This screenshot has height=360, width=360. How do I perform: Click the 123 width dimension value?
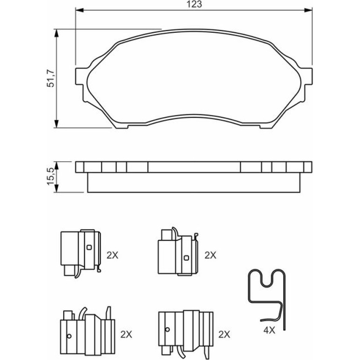[194, 4]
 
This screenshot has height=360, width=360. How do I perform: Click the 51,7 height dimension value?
[51, 79]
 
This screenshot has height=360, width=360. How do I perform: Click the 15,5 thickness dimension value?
[50, 177]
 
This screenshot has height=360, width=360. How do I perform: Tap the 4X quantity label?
[269, 331]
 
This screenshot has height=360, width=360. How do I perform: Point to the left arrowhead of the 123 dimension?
[79, 10]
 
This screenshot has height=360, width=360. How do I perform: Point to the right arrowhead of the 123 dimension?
[309, 10]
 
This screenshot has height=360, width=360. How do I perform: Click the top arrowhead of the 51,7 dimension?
[56, 33]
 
